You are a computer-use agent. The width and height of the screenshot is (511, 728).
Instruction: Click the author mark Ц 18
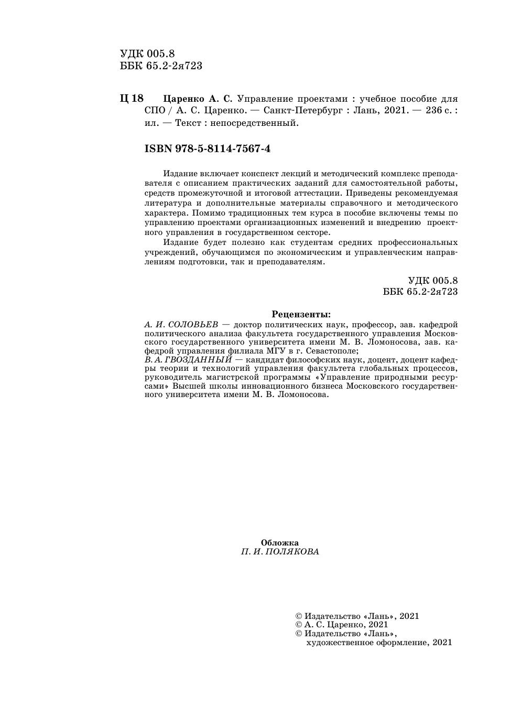point(132,99)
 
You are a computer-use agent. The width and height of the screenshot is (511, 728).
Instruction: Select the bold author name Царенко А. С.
point(198,99)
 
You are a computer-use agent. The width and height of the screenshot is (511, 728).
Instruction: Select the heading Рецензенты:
point(301,315)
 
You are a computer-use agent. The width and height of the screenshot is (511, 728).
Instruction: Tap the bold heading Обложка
point(280,543)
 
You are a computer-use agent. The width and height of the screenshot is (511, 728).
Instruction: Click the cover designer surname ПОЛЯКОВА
point(291,552)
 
